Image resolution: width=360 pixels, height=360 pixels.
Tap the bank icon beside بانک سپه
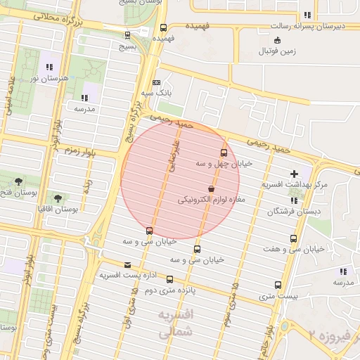(156, 82)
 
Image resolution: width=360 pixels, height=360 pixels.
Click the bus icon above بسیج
(127, 34)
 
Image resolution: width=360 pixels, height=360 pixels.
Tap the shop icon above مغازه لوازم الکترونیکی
(211, 188)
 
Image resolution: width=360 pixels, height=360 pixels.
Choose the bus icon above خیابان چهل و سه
(224, 153)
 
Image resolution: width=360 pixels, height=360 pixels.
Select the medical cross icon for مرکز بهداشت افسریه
(294, 174)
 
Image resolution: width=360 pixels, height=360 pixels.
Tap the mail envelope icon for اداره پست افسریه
(127, 265)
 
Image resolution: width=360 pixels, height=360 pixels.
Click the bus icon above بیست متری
(278, 285)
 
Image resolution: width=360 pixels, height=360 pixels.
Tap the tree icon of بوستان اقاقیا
(57, 198)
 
